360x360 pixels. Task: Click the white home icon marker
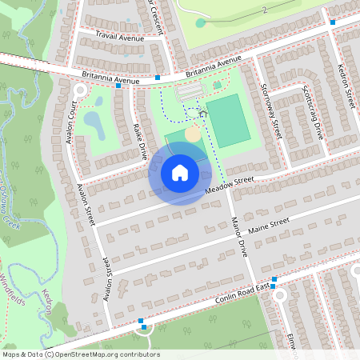click(x=180, y=172)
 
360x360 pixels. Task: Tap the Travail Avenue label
click(x=118, y=36)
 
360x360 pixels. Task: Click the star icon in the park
click(x=202, y=114)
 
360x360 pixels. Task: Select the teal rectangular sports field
click(x=228, y=120)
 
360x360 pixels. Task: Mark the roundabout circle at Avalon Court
click(x=79, y=90)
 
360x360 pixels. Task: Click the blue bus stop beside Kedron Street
click(x=333, y=22)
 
